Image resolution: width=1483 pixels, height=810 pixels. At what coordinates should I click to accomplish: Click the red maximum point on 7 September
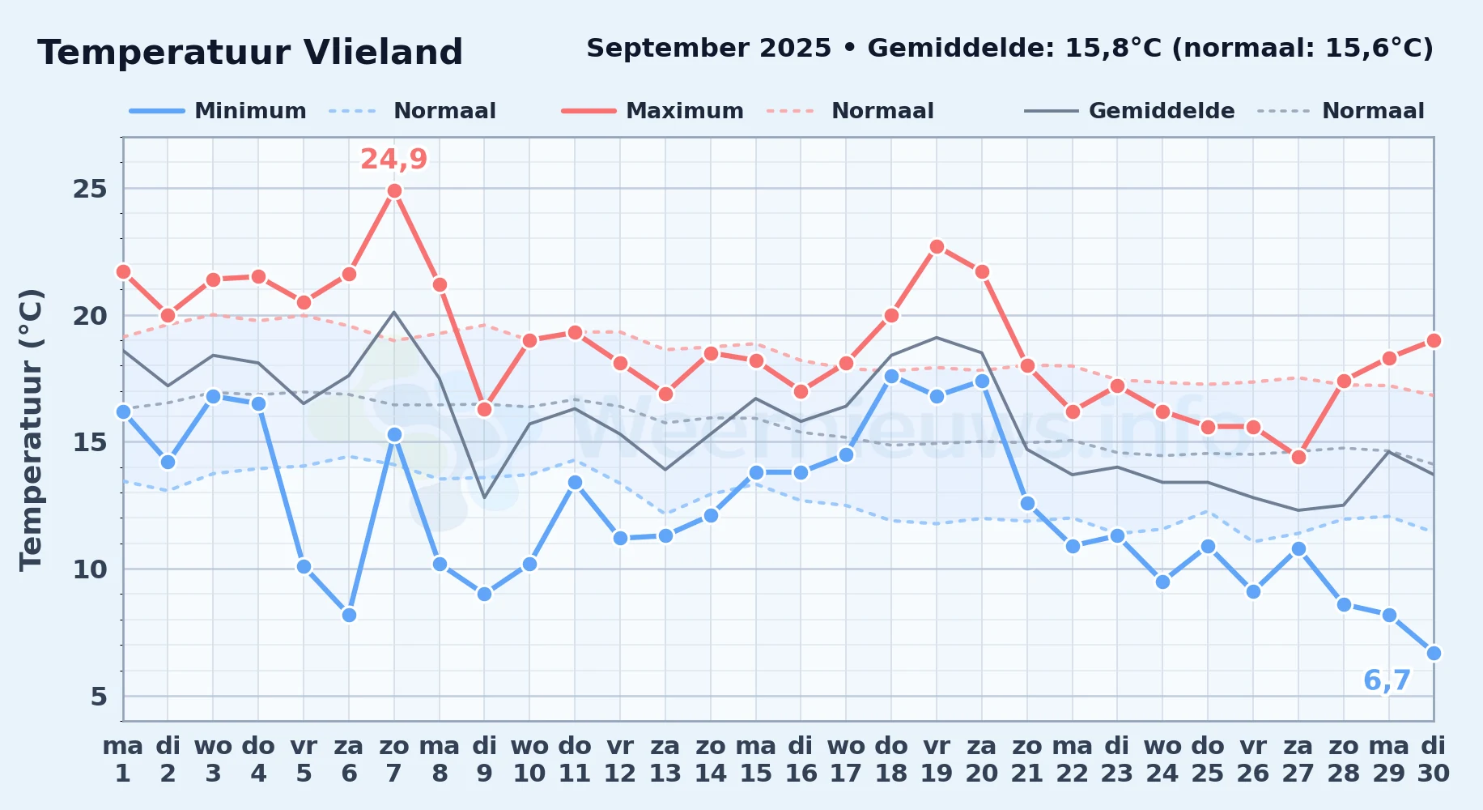tap(394, 191)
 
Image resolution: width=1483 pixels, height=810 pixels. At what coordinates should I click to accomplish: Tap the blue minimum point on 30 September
tap(1434, 653)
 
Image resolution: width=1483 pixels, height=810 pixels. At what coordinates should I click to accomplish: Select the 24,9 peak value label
tap(394, 160)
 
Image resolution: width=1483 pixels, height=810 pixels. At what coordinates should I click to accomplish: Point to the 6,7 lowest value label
tap(1387, 680)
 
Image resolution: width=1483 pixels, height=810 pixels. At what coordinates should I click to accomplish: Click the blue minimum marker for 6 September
tap(349, 615)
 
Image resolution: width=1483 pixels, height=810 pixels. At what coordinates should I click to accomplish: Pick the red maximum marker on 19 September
tap(937, 246)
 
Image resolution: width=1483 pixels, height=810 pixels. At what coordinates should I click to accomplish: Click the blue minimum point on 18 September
tap(891, 376)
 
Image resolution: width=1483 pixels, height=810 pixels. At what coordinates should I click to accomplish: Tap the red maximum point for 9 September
tap(484, 409)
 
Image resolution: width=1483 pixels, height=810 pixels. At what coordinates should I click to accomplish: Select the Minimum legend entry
tap(219, 111)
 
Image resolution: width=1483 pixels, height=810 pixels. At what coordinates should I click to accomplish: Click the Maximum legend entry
tap(652, 111)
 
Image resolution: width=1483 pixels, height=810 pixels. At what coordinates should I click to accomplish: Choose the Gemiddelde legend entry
tap(1129, 111)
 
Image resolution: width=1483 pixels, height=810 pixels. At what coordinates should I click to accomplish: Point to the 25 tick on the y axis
tap(90, 189)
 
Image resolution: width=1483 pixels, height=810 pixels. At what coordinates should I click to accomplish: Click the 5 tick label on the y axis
tap(99, 696)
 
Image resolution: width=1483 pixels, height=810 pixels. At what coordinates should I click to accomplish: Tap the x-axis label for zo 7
tap(394, 760)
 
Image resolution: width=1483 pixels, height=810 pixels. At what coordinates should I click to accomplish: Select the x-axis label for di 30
tap(1434, 760)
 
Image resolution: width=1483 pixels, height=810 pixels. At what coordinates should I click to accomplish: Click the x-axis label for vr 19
tap(937, 760)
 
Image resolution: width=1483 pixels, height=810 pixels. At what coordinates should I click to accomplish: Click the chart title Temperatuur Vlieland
tap(250, 53)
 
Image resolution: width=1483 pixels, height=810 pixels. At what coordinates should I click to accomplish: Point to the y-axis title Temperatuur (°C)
tap(31, 429)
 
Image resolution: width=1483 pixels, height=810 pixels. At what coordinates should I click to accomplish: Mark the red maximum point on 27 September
tap(1298, 457)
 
